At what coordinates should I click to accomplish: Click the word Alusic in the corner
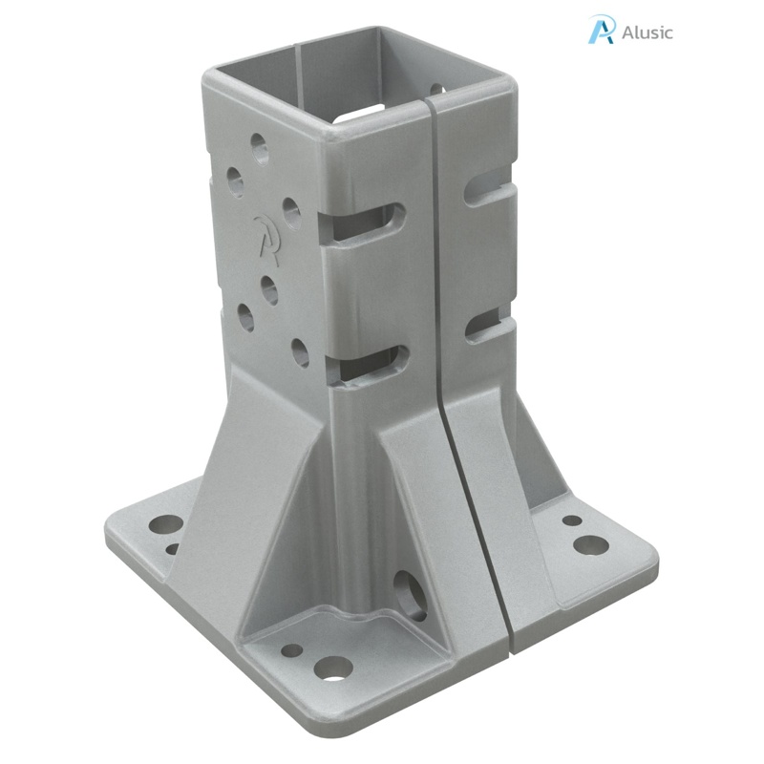tap(647, 32)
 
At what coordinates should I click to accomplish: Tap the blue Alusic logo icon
tap(602, 30)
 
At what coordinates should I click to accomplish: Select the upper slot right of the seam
tap(488, 191)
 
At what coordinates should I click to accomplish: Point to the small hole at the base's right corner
tap(572, 520)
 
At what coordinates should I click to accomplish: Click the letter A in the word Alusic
tap(626, 32)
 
